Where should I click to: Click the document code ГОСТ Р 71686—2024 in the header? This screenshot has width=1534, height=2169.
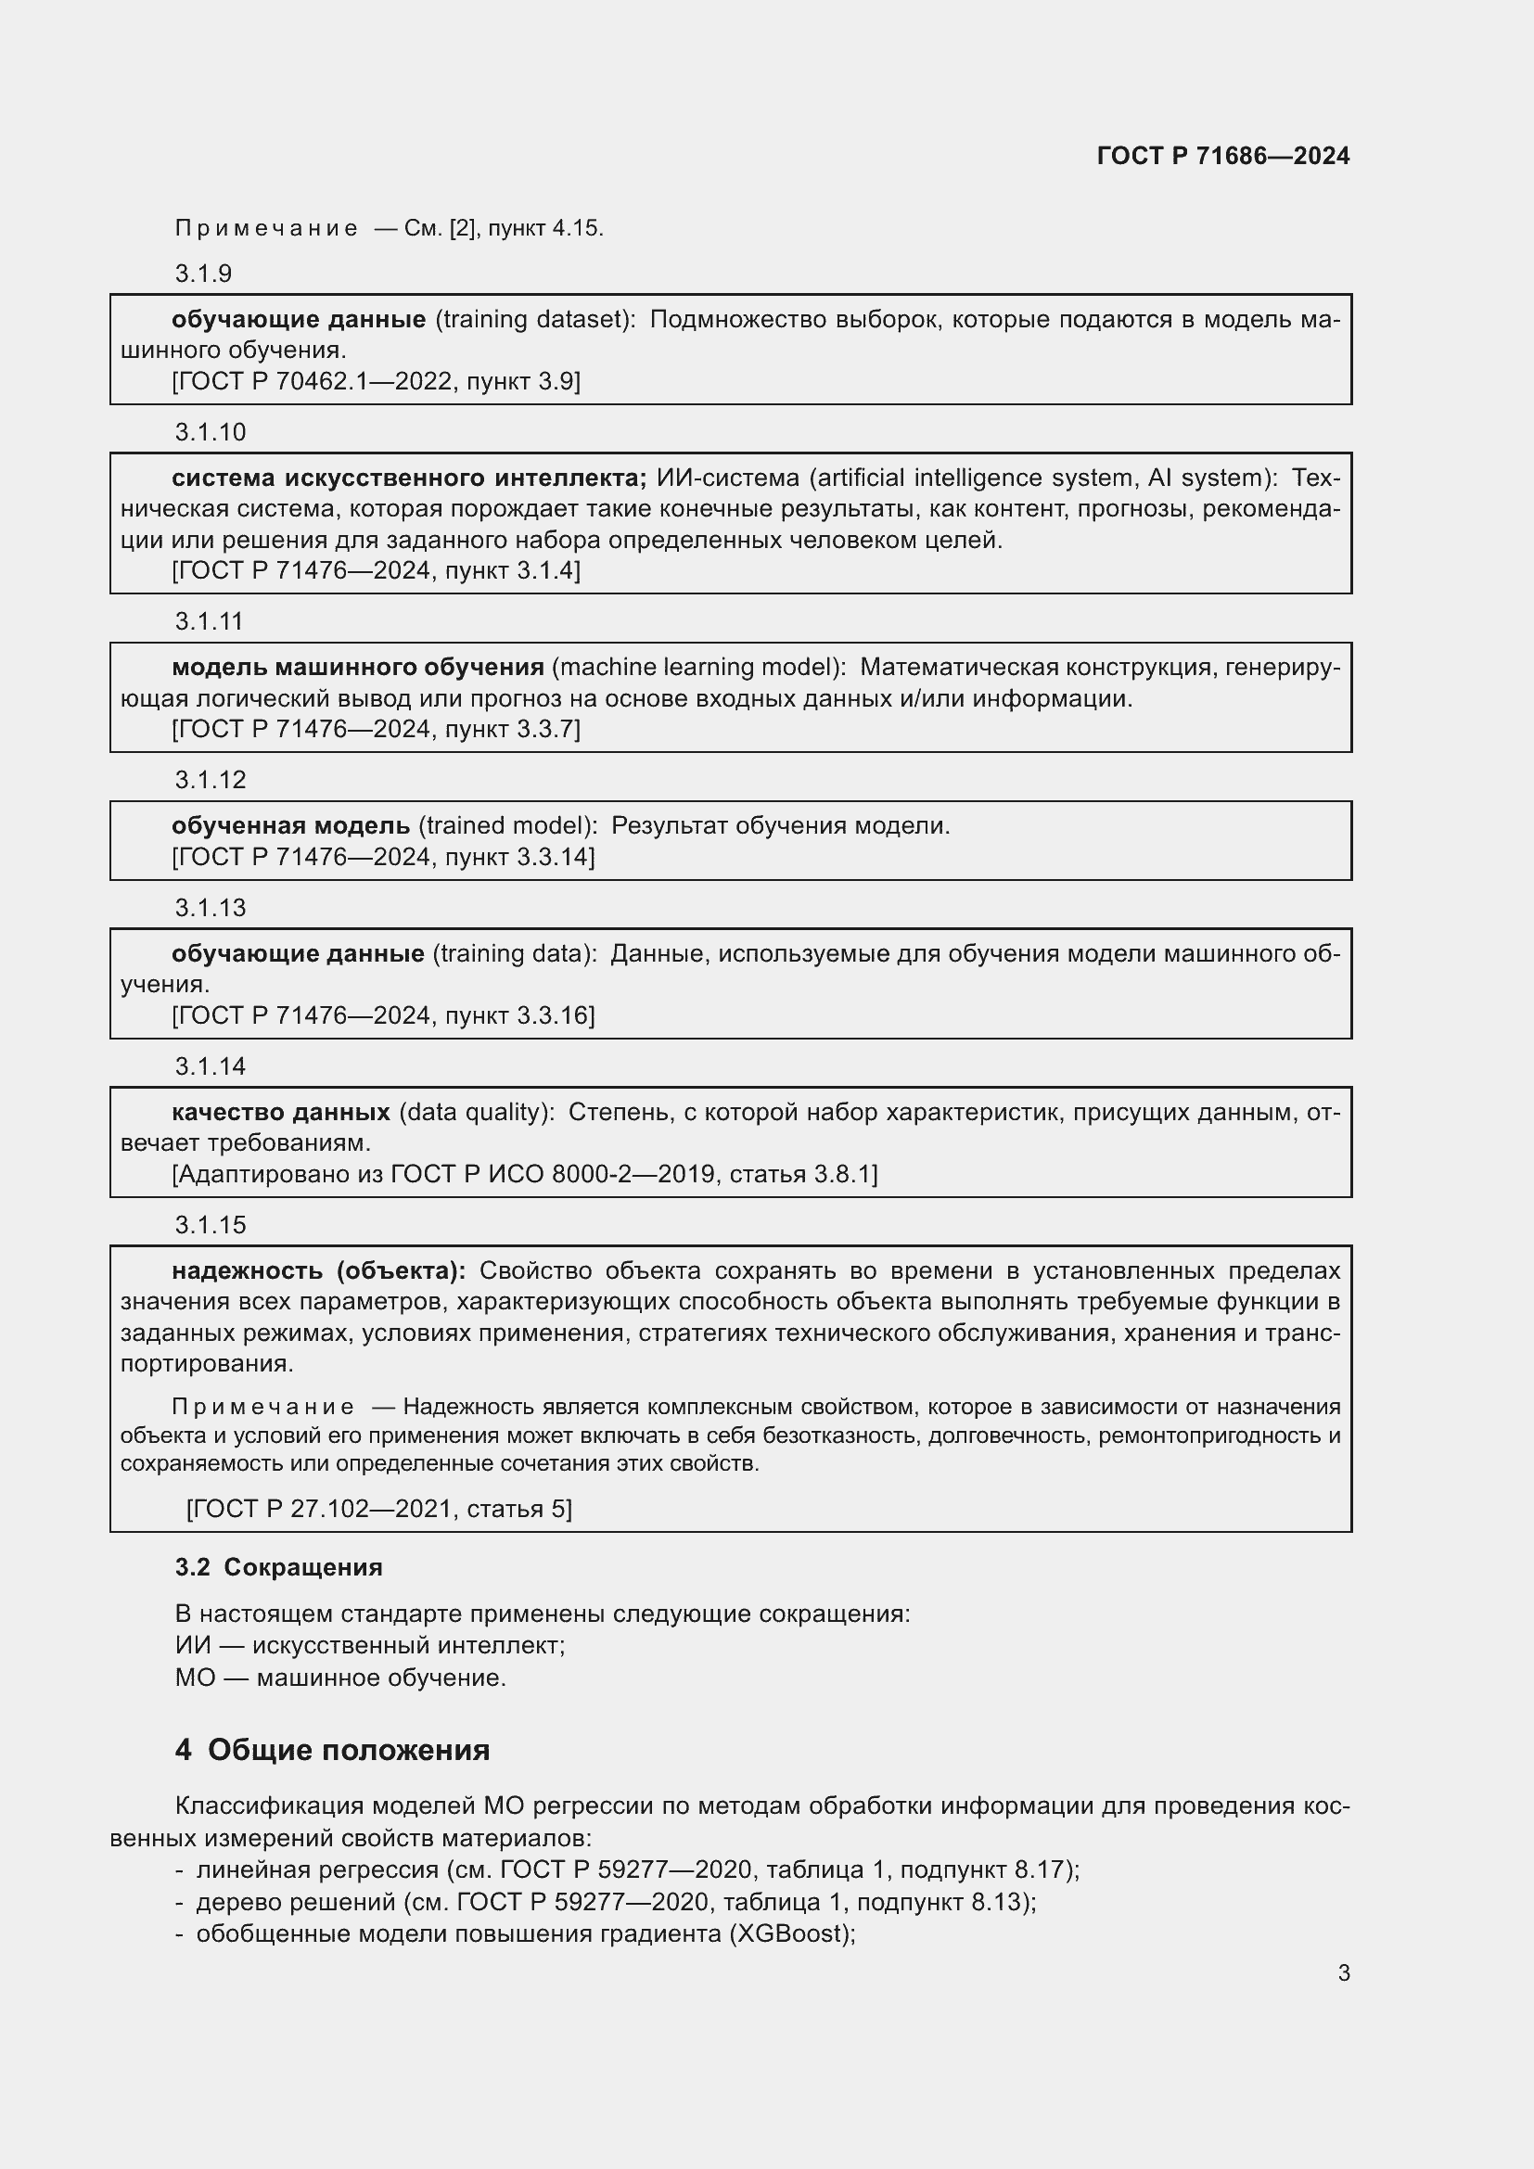1222,156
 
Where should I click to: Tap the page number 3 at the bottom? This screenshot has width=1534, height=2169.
1343,1972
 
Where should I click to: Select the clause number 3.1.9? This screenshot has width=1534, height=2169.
203,274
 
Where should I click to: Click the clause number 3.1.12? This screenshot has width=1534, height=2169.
210,779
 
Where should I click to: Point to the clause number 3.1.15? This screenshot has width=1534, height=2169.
210,1224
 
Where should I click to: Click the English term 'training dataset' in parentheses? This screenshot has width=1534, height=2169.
534,319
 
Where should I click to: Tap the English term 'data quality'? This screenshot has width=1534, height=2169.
476,1112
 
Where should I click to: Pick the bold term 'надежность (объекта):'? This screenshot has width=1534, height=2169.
318,1270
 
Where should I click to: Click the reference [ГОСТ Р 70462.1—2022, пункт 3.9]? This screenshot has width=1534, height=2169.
376,382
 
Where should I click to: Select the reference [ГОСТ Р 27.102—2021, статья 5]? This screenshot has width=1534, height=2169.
378,1509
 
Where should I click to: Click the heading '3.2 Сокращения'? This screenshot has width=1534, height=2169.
278,1567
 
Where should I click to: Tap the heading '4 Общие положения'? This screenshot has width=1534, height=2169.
333,1750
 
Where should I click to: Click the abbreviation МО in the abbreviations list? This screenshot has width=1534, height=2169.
196,1678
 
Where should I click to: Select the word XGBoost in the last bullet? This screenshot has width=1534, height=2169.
788,1933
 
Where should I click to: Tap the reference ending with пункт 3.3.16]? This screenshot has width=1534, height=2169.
382,1015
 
